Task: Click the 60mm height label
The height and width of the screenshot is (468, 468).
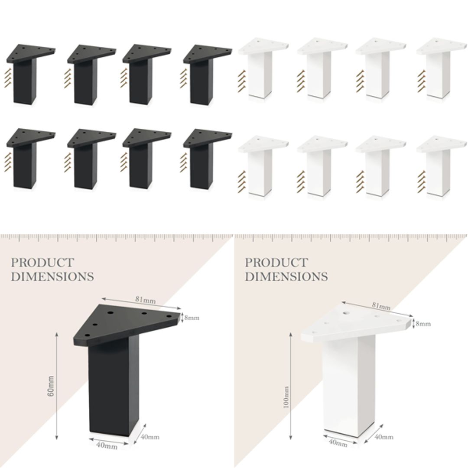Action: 51,386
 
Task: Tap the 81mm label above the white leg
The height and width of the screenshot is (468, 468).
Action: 381,306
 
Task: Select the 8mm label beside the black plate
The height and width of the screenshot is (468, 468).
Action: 192,318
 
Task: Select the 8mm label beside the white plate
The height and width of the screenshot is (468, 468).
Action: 423,324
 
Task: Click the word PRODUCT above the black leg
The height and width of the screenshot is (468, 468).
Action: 42,263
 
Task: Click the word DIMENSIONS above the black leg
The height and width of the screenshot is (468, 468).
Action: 52,276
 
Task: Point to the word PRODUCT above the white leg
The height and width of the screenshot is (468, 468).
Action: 276,263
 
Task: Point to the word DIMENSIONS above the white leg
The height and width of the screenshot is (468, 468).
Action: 286,276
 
